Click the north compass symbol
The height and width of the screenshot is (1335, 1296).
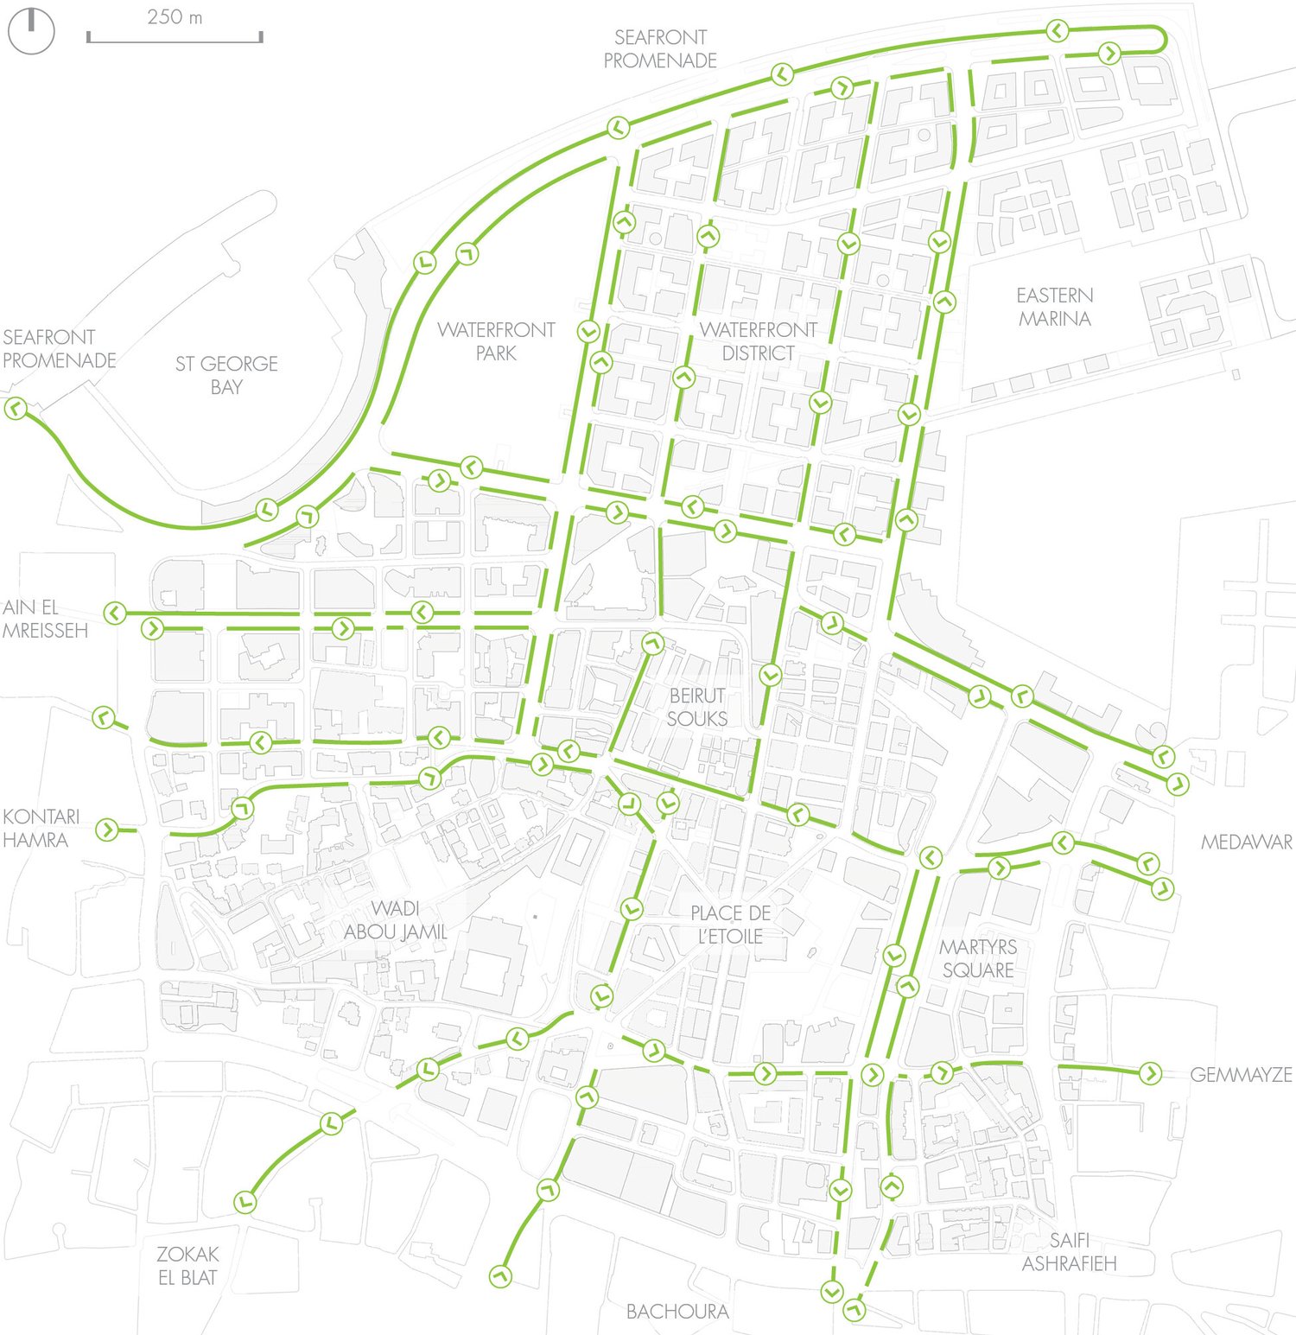pyautogui.click(x=31, y=31)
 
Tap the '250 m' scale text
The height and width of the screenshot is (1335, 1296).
pyautogui.click(x=175, y=17)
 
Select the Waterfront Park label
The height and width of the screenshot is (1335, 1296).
pyautogui.click(x=496, y=341)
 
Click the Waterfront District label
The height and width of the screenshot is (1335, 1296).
pyautogui.click(x=758, y=341)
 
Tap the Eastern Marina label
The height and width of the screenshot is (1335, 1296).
pyautogui.click(x=1054, y=307)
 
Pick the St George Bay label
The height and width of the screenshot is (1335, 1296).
pyautogui.click(x=226, y=375)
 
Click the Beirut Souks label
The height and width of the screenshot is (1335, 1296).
pyautogui.click(x=697, y=707)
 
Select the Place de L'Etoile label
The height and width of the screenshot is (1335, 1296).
pyautogui.click(x=730, y=925)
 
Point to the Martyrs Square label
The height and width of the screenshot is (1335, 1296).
pyautogui.click(x=978, y=958)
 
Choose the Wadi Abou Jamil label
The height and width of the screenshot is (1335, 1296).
pyautogui.click(x=395, y=920)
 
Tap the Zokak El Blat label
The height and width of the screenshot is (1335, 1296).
pyautogui.click(x=187, y=1265)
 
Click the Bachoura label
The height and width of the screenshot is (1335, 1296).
pyautogui.click(x=677, y=1312)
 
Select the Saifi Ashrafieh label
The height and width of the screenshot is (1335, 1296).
pyautogui.click(x=1069, y=1252)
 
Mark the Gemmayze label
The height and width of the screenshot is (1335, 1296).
pyautogui.click(x=1241, y=1075)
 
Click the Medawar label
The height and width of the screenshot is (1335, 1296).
pyautogui.click(x=1246, y=842)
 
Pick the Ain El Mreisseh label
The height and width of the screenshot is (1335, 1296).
pyautogui.click(x=45, y=619)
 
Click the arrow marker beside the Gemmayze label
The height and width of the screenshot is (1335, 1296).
pyautogui.click(x=1150, y=1073)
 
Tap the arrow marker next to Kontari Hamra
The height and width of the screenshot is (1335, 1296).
pyautogui.click(x=106, y=830)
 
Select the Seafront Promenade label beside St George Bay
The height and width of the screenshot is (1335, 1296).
pyautogui.click(x=59, y=348)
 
